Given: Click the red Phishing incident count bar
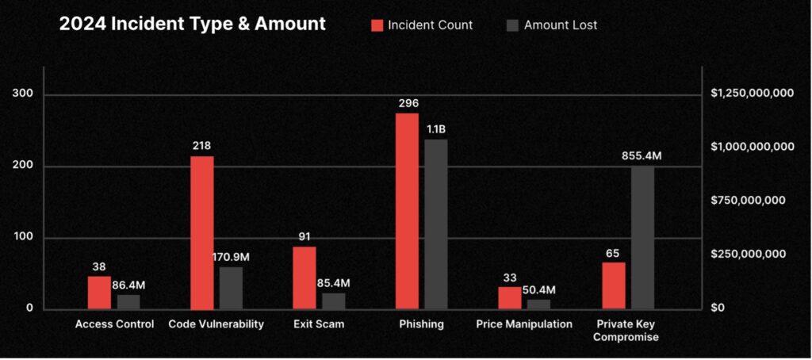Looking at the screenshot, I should (x=407, y=211).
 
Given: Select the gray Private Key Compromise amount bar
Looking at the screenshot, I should (x=642, y=237).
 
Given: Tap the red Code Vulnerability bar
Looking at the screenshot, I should (x=202, y=232).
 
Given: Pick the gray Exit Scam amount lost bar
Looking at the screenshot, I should (x=334, y=301).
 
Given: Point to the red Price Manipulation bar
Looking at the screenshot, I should (x=510, y=297).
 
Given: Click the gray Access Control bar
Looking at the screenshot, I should (x=128, y=301).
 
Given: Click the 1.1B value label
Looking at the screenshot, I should (x=436, y=129).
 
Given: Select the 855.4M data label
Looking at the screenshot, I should (x=642, y=156).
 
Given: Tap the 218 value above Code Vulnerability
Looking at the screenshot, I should (x=202, y=146).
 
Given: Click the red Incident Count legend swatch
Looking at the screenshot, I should (x=377, y=25).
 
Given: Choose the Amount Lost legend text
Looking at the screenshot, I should (x=561, y=25).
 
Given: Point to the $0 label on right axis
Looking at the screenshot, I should (x=719, y=308).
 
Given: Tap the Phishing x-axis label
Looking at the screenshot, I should (x=422, y=324).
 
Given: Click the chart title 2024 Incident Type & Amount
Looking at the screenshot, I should (x=192, y=24).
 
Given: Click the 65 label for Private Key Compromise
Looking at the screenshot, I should (x=613, y=254).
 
